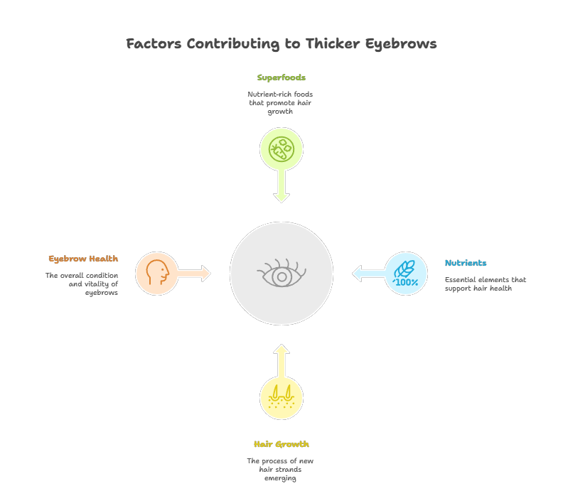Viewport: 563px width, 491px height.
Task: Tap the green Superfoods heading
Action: click(x=281, y=77)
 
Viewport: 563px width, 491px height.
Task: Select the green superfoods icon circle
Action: click(x=281, y=149)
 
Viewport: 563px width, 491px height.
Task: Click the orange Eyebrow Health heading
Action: click(x=83, y=259)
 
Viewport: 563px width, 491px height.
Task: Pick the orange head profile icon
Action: click(x=157, y=273)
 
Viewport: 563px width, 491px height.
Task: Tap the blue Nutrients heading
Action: click(x=466, y=263)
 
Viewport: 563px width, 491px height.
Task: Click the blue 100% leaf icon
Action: click(x=406, y=274)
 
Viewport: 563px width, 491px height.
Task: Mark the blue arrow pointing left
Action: click(x=368, y=274)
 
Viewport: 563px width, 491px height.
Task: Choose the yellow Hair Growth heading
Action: click(x=281, y=444)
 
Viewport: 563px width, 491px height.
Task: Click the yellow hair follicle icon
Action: click(x=281, y=398)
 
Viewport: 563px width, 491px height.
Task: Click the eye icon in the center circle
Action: click(x=281, y=274)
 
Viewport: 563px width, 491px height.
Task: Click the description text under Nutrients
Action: click(x=485, y=284)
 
